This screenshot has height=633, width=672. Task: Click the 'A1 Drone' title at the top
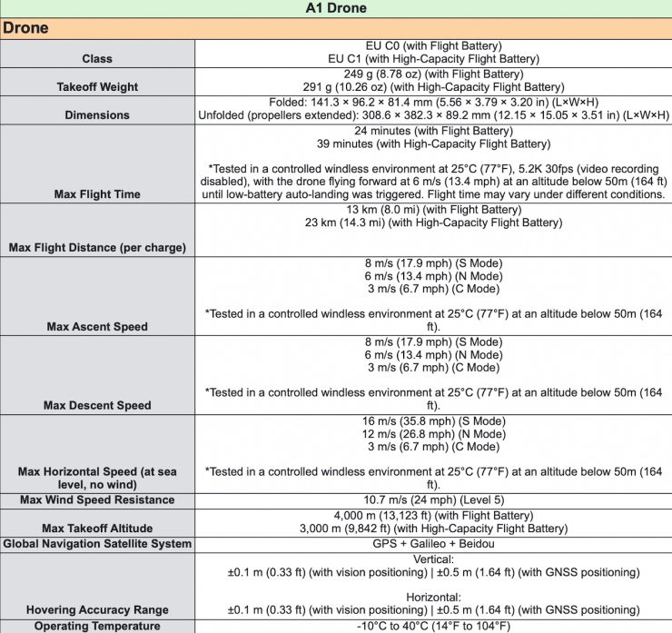coord(337,8)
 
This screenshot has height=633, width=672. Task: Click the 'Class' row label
coord(97,58)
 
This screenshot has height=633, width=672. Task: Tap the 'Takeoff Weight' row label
coord(97,87)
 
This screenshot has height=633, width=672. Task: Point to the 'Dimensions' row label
coord(97,115)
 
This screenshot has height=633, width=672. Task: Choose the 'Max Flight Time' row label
coord(97,194)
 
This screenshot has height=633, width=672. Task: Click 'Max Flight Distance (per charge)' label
coord(97,247)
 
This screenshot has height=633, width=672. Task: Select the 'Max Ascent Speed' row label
coord(97,326)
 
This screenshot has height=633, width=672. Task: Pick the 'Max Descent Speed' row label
coord(97,405)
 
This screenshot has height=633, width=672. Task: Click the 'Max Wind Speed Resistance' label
coord(97,499)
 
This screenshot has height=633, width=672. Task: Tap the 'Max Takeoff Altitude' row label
coord(97,529)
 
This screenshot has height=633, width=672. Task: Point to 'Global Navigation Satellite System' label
coord(97,543)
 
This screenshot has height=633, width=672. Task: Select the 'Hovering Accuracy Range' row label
coord(97,609)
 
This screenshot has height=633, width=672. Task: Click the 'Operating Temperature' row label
coord(97,626)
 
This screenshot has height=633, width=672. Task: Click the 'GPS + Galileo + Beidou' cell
coord(432,543)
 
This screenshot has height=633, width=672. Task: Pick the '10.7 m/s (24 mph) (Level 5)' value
coord(432,499)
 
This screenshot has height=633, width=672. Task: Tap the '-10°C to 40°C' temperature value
coord(432,626)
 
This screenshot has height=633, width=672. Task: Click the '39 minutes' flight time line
coord(432,144)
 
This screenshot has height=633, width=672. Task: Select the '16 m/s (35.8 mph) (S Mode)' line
coord(432,421)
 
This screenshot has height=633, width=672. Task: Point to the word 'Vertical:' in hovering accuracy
coord(432,559)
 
